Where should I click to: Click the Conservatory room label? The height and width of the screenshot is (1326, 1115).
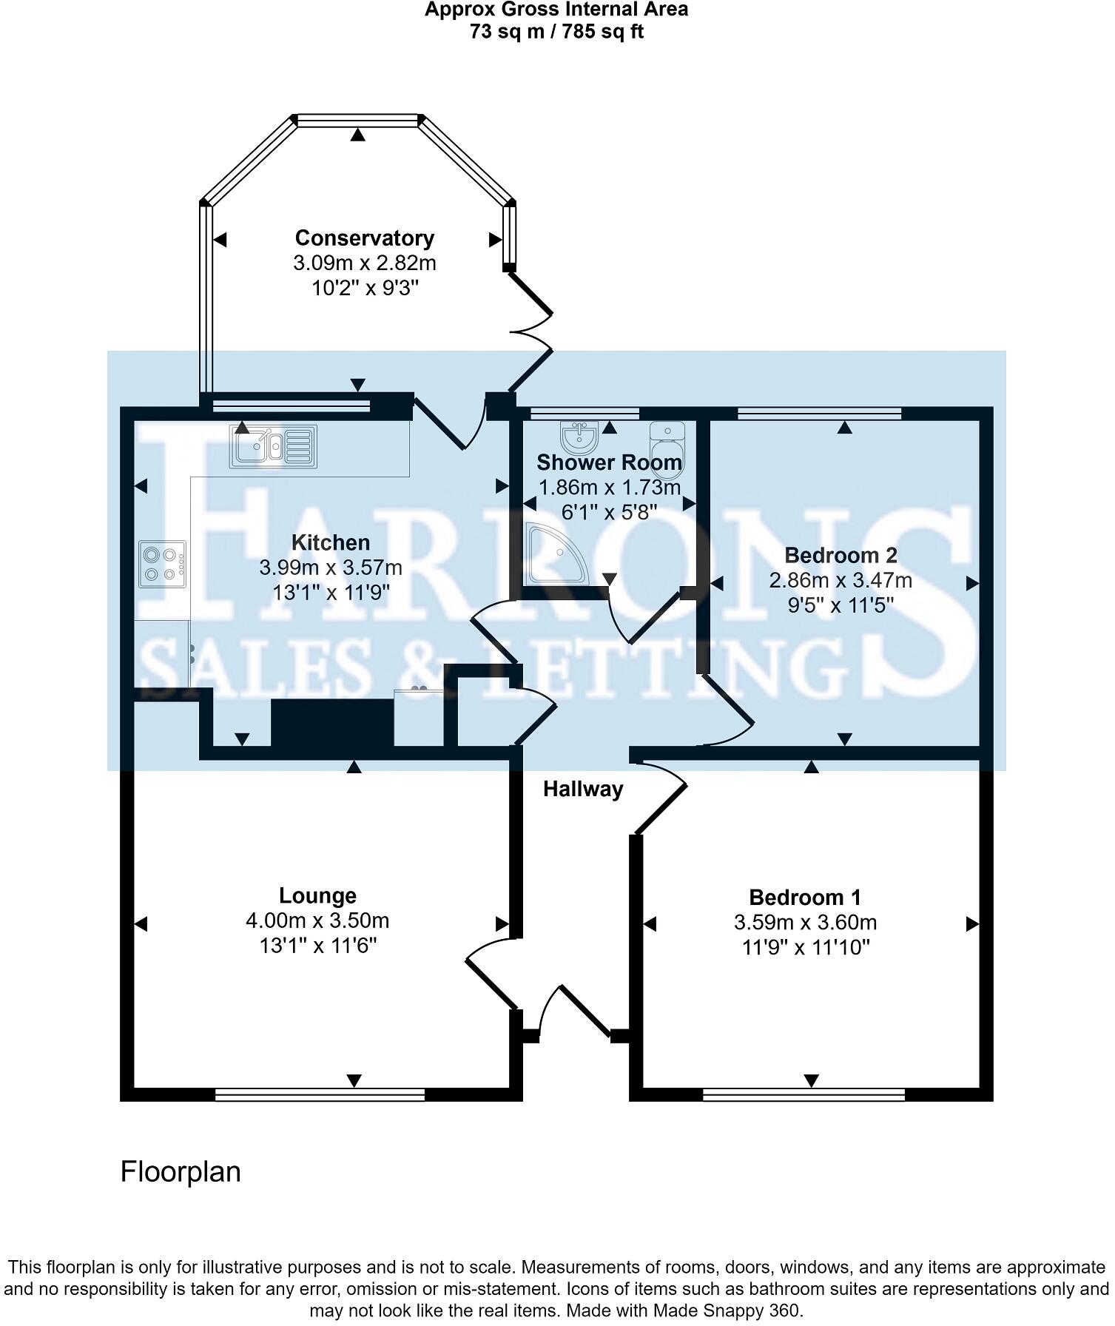tap(364, 238)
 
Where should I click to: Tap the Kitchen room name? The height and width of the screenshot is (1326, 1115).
tap(331, 542)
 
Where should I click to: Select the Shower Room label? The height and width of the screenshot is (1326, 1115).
tap(609, 462)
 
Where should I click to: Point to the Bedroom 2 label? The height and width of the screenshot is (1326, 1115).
tap(841, 555)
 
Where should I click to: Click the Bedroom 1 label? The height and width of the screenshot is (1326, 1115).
tap(805, 898)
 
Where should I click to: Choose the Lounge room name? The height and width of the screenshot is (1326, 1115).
tap(317, 896)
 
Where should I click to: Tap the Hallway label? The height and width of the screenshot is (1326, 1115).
tap(583, 790)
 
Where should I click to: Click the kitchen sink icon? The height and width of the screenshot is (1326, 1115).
tap(273, 445)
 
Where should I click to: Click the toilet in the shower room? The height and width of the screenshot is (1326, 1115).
tap(668, 442)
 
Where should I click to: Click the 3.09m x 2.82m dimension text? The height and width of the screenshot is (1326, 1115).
tap(365, 263)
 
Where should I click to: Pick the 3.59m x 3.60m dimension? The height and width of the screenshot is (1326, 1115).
tap(806, 923)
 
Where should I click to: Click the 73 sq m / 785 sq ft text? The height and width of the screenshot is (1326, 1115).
tap(556, 32)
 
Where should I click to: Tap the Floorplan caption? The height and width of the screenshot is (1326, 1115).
tap(181, 1172)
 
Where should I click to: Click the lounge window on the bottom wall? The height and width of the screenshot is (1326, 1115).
tap(320, 1094)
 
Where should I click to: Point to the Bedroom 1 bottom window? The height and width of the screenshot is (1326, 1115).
tap(804, 1094)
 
